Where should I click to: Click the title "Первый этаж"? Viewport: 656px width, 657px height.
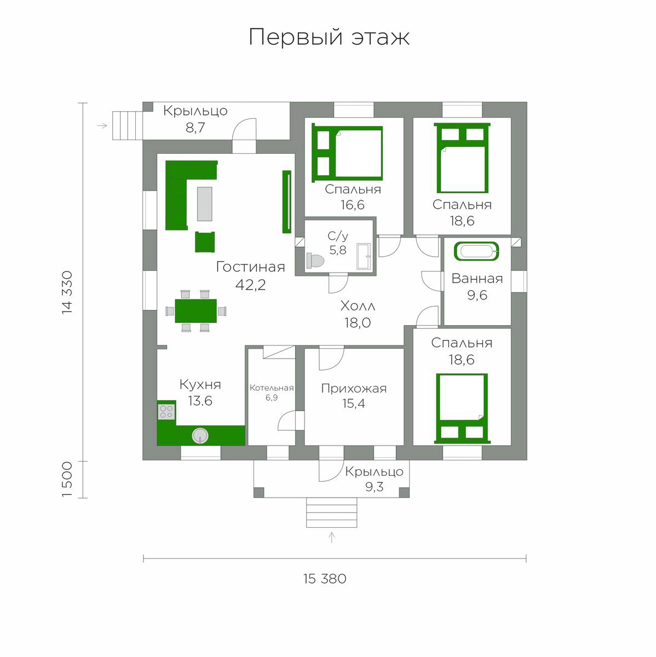329,37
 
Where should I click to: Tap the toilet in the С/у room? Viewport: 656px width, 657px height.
315,261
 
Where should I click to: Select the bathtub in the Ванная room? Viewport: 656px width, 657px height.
476,252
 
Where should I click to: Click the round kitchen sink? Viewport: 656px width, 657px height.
200,436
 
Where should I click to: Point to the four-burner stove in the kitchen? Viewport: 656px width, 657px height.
166,412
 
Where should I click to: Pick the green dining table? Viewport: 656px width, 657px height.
196,311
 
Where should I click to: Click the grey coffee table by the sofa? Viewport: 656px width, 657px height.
205,204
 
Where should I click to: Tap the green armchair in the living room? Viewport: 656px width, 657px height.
205,242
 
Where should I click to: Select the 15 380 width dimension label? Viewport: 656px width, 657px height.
325,579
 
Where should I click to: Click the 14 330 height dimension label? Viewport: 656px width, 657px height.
67,292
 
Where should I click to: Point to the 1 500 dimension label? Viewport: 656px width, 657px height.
67,480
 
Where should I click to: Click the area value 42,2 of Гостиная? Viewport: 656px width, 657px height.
250,284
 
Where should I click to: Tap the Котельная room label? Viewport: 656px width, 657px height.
272,388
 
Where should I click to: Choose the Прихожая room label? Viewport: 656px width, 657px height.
354,388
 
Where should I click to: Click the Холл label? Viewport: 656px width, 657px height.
358,306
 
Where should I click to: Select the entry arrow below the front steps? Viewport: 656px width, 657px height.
332,537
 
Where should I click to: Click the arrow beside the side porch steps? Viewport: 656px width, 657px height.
102,126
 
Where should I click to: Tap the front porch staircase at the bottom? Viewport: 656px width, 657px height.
332,512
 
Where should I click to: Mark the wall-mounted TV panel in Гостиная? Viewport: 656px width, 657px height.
287,202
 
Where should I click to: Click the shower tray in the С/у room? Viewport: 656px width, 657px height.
364,256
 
